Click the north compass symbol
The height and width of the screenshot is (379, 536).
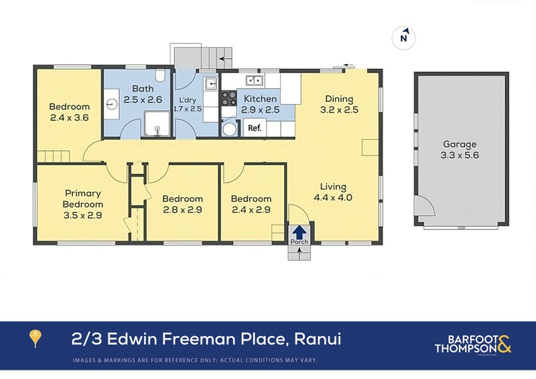(x=403, y=38)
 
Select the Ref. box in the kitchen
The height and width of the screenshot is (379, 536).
(x=255, y=127)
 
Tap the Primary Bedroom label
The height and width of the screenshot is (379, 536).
(x=83, y=199)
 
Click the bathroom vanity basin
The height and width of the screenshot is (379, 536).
(x=111, y=104)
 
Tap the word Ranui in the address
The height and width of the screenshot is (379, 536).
(x=317, y=339)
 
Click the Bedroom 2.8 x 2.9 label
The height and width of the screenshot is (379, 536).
(x=182, y=204)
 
